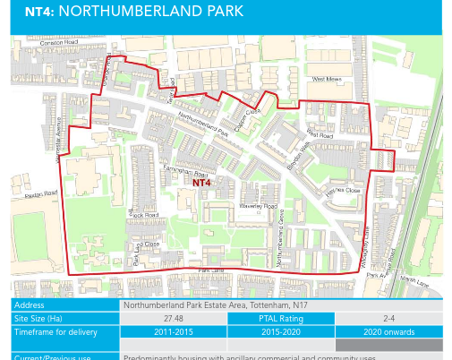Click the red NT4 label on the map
click(x=201, y=182)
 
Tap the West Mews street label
click(x=327, y=80)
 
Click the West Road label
click(x=320, y=134)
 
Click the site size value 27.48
click(x=173, y=318)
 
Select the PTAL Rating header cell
click(x=280, y=318)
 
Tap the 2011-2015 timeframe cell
click(x=173, y=331)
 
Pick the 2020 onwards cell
click(x=388, y=331)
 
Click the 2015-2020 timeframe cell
click(x=280, y=331)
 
